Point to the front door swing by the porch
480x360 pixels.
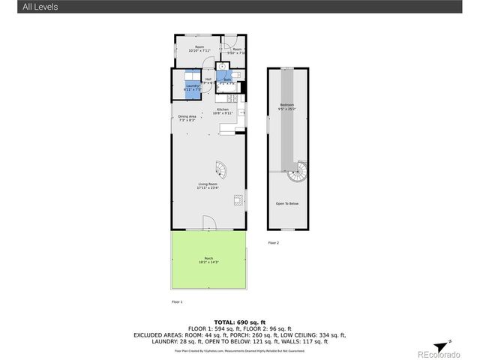209,222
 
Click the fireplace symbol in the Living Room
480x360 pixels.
238,199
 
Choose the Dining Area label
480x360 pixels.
187,118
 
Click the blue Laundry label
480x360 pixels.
192,88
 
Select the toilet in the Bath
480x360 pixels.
235,76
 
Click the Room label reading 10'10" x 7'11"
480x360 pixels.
199,49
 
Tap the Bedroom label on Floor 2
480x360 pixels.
286,106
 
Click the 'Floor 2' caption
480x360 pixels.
273,243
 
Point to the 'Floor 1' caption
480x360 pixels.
177,301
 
